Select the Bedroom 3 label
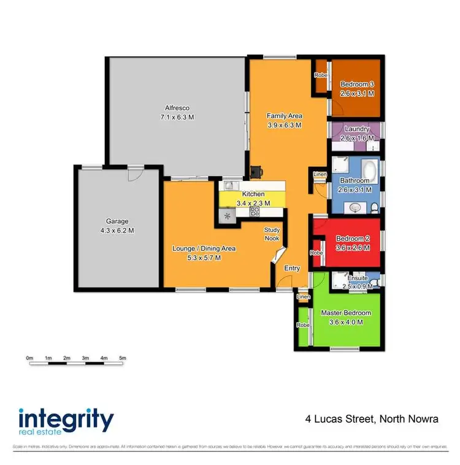(x=356, y=84)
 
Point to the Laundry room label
(x=356, y=129)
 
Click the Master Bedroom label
(x=346, y=313)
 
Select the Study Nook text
(x=272, y=234)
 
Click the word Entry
(x=292, y=268)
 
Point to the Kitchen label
(x=253, y=194)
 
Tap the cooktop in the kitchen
(x=255, y=212)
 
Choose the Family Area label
(x=285, y=115)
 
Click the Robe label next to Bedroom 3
(x=320, y=75)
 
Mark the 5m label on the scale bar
(x=122, y=358)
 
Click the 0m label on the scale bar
(x=29, y=358)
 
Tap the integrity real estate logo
(x=66, y=423)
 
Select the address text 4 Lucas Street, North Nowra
(x=372, y=420)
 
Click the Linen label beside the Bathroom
(x=320, y=174)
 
